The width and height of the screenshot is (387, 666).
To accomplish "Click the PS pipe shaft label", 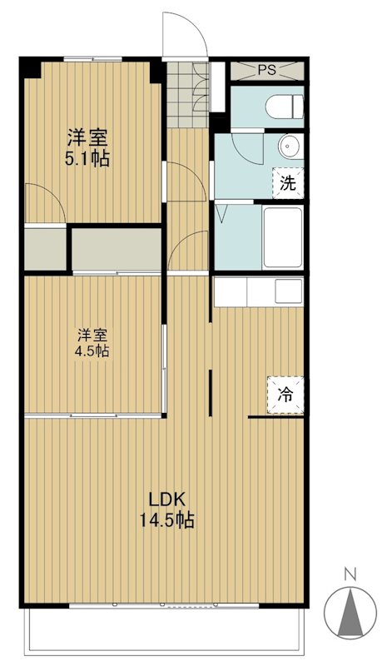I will click(x=265, y=70).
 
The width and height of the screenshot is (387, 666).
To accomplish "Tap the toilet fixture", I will click(x=280, y=105).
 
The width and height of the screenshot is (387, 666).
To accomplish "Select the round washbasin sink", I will click(x=289, y=147).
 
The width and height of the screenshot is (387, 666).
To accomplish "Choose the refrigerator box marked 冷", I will click(x=285, y=394).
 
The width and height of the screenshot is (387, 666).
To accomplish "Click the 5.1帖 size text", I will click(x=88, y=159).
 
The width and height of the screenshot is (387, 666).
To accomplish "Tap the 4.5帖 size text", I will click(x=93, y=351).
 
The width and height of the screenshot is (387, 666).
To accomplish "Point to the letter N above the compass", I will click(x=350, y=573).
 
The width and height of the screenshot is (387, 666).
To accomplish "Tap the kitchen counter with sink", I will click(x=259, y=292).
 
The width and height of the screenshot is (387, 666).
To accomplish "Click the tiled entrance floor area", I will click(x=188, y=92).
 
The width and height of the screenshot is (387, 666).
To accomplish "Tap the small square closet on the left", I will click(x=45, y=248).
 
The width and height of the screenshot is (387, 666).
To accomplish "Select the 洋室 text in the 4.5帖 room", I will click(x=93, y=335).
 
